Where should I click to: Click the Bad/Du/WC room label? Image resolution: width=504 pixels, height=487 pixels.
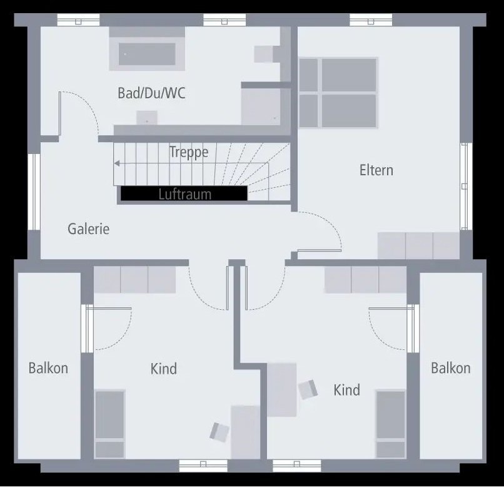pos(151,94)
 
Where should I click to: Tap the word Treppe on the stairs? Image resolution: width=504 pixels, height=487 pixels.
pos(188,152)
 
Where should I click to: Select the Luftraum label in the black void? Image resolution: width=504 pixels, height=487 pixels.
pos(184,194)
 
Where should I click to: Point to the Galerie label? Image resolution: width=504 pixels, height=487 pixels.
pos(88,229)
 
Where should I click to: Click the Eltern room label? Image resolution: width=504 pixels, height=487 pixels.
pos(376,170)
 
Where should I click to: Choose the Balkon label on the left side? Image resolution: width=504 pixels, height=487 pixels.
pos(48,368)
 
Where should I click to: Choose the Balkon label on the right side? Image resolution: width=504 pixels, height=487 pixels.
pos(450,368)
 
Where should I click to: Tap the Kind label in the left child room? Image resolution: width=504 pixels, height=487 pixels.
pos(163,369)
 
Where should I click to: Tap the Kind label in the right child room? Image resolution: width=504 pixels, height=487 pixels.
pos(346,391)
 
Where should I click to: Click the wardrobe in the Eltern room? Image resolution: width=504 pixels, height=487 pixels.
pos(419,245)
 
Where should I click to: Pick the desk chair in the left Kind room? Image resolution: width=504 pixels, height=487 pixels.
pos(219,431)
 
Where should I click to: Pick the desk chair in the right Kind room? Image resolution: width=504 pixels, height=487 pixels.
pos(308,389)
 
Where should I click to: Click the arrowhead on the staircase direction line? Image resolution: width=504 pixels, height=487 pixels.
pos(116,164)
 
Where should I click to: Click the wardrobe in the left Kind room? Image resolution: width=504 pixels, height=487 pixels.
pos(134,280)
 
